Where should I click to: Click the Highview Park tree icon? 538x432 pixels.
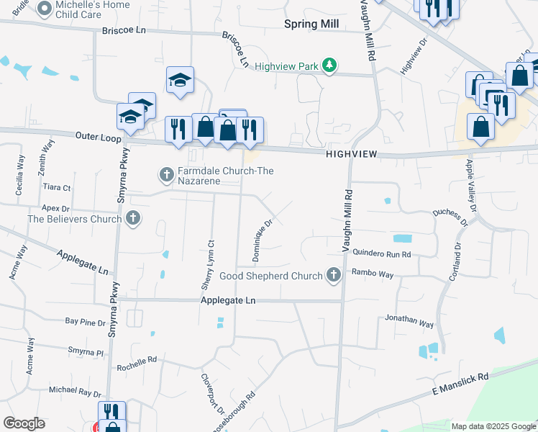point(329,66)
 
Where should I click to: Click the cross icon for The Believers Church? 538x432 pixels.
point(133,217)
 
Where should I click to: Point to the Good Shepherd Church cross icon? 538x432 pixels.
point(333,275)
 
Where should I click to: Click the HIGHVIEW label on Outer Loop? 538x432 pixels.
point(351,154)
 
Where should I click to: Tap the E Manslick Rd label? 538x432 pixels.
point(460,384)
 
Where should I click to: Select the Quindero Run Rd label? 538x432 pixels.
point(381,253)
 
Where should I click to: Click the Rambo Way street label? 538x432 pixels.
point(373,274)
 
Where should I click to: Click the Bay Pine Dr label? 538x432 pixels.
point(85,322)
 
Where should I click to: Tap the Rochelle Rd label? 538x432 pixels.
point(137,364)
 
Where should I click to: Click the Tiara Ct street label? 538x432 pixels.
point(57,187)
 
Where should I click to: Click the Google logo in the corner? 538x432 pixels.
point(24,423)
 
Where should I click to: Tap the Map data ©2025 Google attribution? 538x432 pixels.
point(493,426)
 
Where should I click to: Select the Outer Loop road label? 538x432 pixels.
point(94,135)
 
